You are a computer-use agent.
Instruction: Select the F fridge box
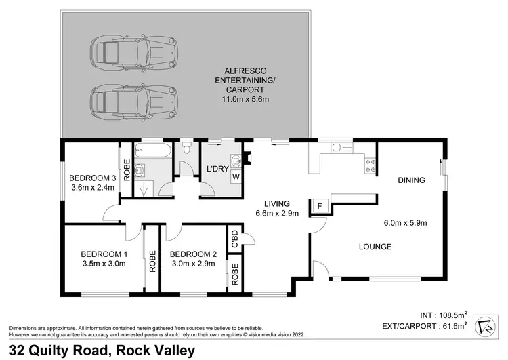pyautogui.click(x=318, y=204)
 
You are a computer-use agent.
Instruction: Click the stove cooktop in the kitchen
pyautogui.click(x=371, y=163)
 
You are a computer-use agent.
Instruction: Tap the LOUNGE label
pyautogui.click(x=375, y=247)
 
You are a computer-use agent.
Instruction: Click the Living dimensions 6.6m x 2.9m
pyautogui.click(x=277, y=213)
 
